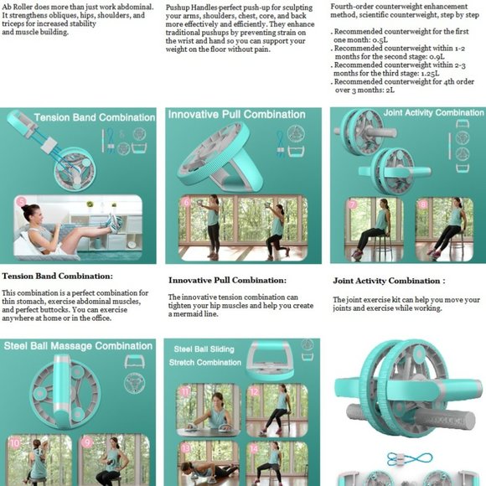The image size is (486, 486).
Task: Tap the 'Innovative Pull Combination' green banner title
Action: tap(236, 115)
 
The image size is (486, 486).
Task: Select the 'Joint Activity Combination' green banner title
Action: tap(433, 112)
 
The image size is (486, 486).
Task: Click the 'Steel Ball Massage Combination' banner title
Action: tap(77, 346)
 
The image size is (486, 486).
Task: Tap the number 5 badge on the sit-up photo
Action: tap(21, 202)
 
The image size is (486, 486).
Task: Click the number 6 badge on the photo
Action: tap(185, 202)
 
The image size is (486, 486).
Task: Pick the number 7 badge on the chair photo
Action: tap(353, 204)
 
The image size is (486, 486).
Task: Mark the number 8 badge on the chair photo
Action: tap(421, 204)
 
